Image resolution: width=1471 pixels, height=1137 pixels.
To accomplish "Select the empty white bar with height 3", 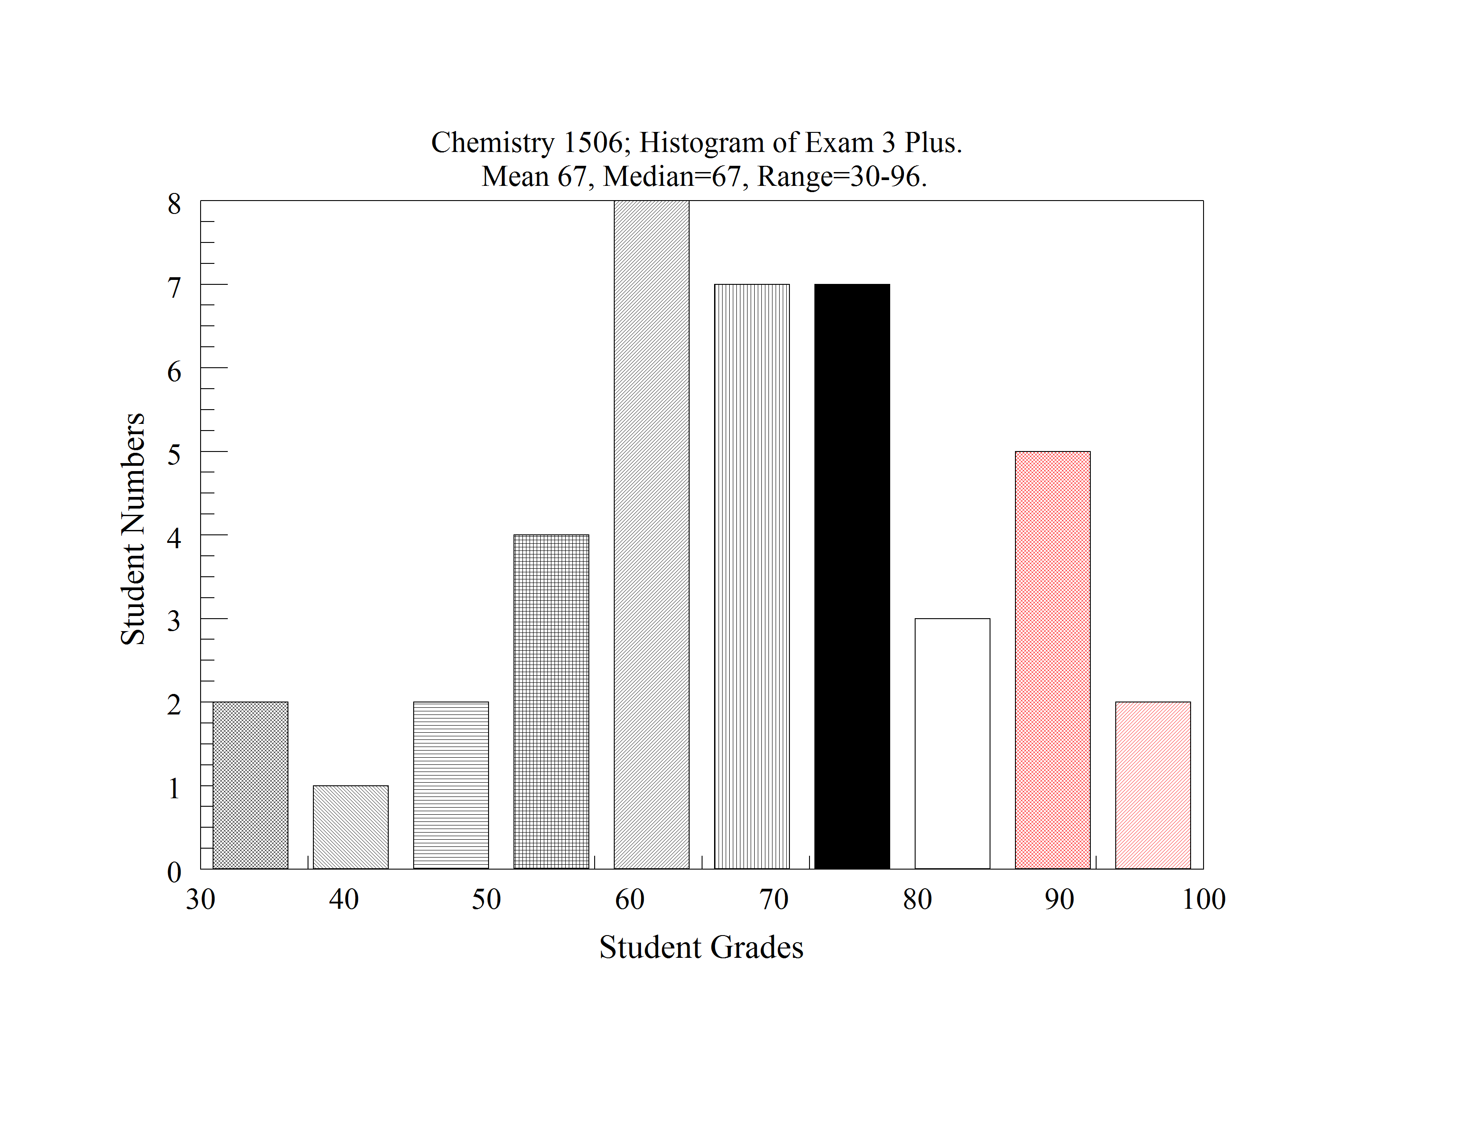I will click(x=953, y=743).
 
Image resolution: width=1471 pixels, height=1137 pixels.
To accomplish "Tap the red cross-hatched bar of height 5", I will click(x=1052, y=660).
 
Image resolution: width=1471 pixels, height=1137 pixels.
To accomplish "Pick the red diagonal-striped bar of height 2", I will click(x=1152, y=785).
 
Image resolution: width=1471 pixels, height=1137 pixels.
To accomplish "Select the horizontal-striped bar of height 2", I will click(x=451, y=785).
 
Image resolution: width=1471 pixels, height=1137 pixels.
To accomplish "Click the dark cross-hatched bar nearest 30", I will click(x=250, y=785).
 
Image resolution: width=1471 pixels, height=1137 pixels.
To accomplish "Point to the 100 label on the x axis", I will click(x=1204, y=900).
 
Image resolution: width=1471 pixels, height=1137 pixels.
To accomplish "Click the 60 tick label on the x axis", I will click(x=630, y=900).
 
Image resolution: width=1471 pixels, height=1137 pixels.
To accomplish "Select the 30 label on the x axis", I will click(x=201, y=900).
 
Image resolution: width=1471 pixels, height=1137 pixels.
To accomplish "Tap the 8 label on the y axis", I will click(x=174, y=203).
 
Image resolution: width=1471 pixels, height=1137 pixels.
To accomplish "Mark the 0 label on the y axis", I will click(x=174, y=872).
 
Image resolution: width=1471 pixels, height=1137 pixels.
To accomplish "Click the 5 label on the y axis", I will click(x=174, y=455).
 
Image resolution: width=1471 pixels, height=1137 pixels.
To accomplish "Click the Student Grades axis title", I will click(x=701, y=948).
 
